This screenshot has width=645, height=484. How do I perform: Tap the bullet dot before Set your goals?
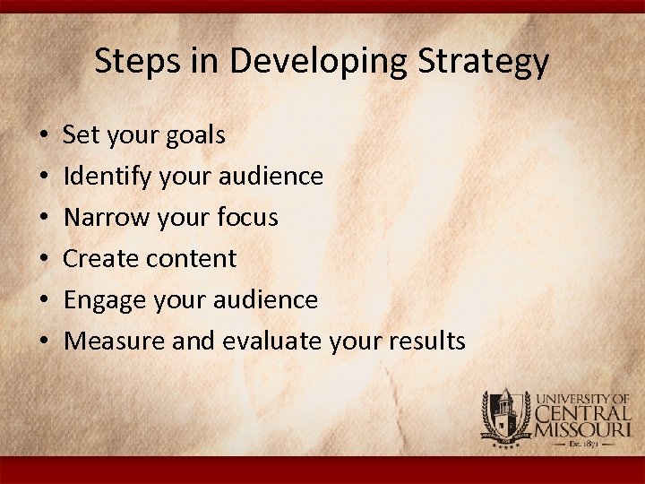pyautogui.click(x=43, y=137)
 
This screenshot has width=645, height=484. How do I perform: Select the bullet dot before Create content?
pyautogui.click(x=43, y=259)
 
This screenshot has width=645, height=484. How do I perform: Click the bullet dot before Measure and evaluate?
pyautogui.click(x=43, y=341)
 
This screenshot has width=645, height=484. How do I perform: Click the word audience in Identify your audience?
pyautogui.click(x=279, y=177)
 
